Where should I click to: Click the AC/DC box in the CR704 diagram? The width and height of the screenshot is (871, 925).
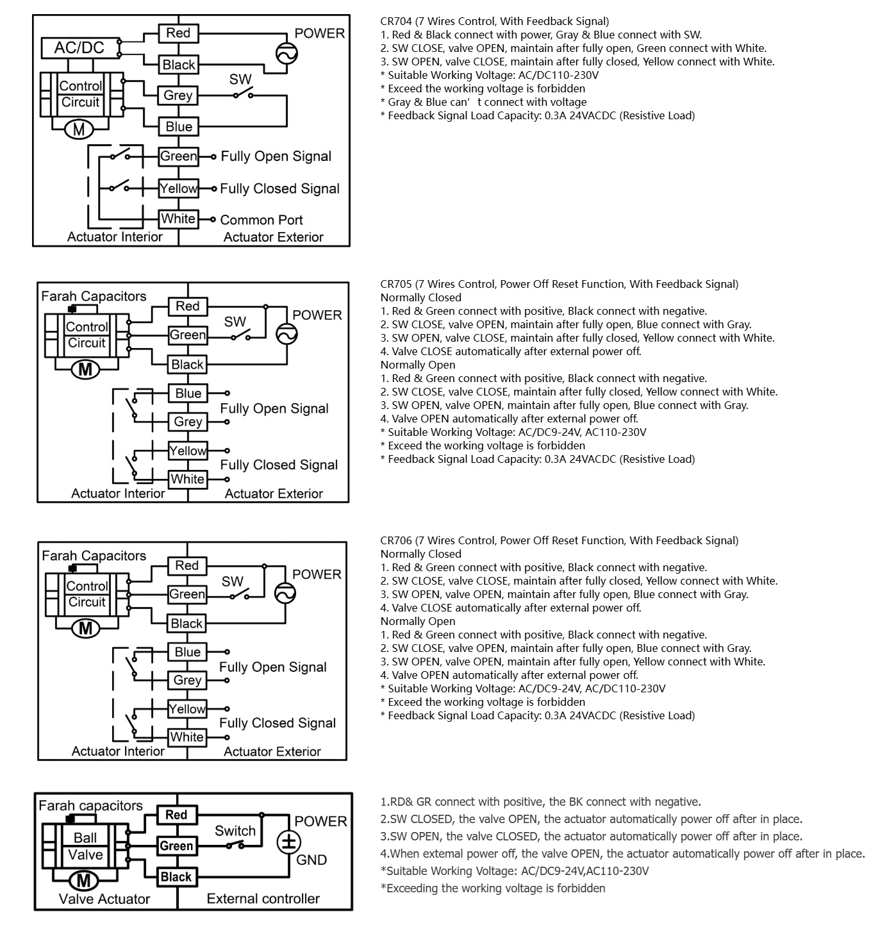(79, 47)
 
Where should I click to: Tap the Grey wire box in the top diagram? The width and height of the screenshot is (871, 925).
(178, 96)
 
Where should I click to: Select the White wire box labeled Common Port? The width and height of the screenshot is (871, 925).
(178, 219)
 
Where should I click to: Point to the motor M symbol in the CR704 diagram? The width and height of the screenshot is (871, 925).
(79, 129)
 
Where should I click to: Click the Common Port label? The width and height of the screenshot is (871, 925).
(261, 220)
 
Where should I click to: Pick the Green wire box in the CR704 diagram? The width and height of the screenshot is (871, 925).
(178, 156)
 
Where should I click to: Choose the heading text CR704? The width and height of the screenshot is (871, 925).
(395, 21)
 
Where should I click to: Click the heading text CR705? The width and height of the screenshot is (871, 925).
(395, 284)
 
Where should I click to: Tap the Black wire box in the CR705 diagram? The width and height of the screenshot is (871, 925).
(187, 365)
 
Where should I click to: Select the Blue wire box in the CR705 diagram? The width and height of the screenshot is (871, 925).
(188, 394)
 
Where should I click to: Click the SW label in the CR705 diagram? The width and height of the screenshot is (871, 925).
(235, 322)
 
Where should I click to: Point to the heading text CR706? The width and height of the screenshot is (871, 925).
(395, 540)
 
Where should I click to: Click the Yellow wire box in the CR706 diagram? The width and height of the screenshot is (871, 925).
(187, 709)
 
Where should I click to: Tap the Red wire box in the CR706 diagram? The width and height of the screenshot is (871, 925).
(187, 565)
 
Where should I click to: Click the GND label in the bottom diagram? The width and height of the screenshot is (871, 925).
(311, 860)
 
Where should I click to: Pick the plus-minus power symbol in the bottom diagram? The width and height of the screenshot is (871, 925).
(285, 842)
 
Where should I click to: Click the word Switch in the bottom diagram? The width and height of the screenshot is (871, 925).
(235, 831)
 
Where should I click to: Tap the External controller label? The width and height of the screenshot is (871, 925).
(263, 899)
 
